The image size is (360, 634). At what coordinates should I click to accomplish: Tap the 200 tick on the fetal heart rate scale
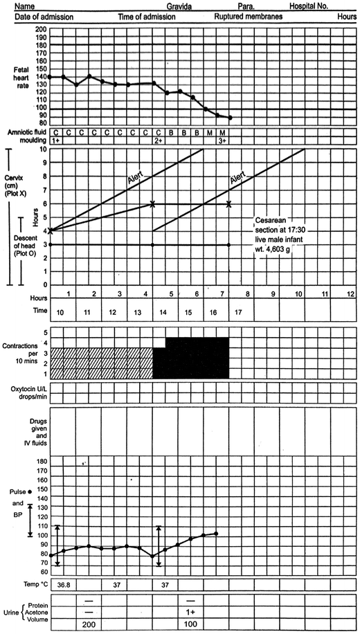click(x=40, y=29)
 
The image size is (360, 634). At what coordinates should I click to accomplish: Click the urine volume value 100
click(x=191, y=625)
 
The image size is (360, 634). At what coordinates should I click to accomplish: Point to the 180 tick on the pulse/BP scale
click(x=40, y=461)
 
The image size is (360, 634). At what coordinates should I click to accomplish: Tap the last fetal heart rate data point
click(x=231, y=118)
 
